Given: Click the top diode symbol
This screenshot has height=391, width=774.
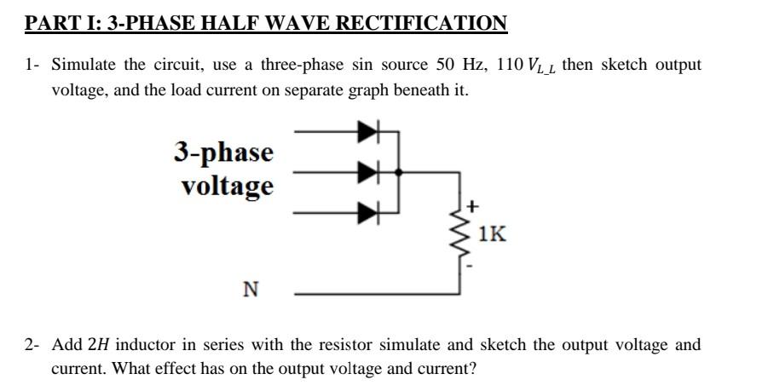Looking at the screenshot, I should [367, 132].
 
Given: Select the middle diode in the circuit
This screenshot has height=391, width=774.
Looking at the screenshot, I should [367, 171].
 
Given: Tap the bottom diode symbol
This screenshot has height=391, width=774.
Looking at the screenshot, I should [367, 210].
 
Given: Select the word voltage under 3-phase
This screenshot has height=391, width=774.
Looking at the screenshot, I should [227, 185].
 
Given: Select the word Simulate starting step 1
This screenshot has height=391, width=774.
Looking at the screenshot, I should [84, 66].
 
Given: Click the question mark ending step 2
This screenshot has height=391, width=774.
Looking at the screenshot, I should [473, 369].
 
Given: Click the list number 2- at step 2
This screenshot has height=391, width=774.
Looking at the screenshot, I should [32, 345].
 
